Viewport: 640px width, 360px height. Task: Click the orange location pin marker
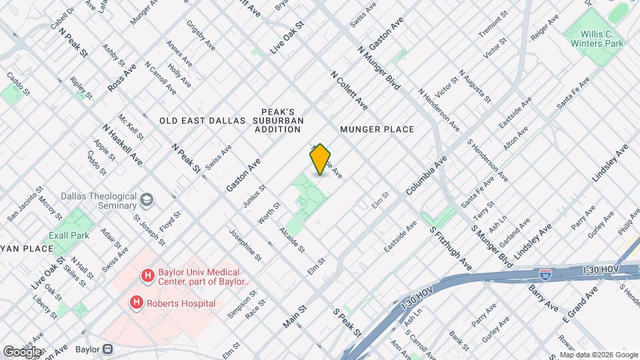(x=320, y=159)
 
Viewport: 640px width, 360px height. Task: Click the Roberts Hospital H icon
(x=137, y=303)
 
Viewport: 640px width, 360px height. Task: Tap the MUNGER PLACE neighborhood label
(x=377, y=129)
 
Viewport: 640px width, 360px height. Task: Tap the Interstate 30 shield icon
(x=545, y=274)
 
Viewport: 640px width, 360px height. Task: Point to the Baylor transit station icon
(x=107, y=349)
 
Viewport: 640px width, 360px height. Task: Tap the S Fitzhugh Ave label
(x=451, y=247)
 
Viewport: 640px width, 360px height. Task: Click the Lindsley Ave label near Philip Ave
(x=610, y=163)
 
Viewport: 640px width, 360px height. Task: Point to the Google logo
(x=22, y=351)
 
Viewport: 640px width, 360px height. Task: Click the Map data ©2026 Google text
(x=598, y=355)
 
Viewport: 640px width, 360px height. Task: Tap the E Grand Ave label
(x=579, y=304)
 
